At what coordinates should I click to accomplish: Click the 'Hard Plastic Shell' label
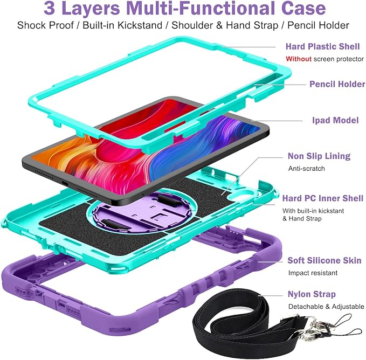pos(322,46)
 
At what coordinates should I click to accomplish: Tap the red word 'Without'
pos(299,59)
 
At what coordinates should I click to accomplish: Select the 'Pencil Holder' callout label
pos(337,84)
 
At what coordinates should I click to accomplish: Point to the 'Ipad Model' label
pos(335,120)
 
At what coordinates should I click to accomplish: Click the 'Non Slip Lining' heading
pos(319,156)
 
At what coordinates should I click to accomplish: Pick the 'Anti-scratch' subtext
pos(307,169)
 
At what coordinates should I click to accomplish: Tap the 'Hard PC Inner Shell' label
pos(323,198)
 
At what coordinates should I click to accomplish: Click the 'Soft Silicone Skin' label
pos(324,260)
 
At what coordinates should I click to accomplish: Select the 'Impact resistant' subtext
pos(313,273)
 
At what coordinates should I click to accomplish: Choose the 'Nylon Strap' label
pos(312,294)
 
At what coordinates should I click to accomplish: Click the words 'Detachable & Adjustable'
pos(326,306)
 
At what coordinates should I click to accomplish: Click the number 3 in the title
pos(50,9)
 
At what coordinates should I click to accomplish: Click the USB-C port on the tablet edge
pos(64,182)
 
